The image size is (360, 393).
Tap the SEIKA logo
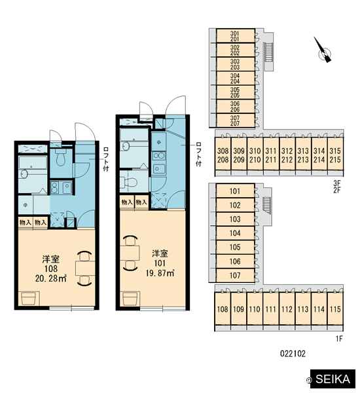(x=333, y=379)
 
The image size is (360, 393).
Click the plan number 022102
(x=293, y=354)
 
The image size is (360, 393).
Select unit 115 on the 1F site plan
(x=335, y=309)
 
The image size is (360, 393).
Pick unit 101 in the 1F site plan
(x=235, y=191)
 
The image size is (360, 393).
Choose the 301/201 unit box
(x=235, y=36)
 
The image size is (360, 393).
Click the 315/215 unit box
(x=335, y=155)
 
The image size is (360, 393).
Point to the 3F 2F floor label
(x=337, y=187)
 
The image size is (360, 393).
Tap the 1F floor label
(x=339, y=339)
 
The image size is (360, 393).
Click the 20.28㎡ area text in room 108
(x=51, y=278)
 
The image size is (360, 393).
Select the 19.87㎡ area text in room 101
(x=160, y=273)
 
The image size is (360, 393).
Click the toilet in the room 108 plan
(x=61, y=157)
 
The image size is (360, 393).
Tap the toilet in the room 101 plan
(x=129, y=181)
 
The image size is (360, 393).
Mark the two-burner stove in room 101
(x=159, y=156)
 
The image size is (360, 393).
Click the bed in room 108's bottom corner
(x=29, y=299)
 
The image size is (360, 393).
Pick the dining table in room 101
(x=130, y=253)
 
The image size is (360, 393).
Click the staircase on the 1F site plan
(x=267, y=205)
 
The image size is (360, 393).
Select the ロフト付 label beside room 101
(x=198, y=154)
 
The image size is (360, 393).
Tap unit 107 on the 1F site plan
(x=235, y=276)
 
